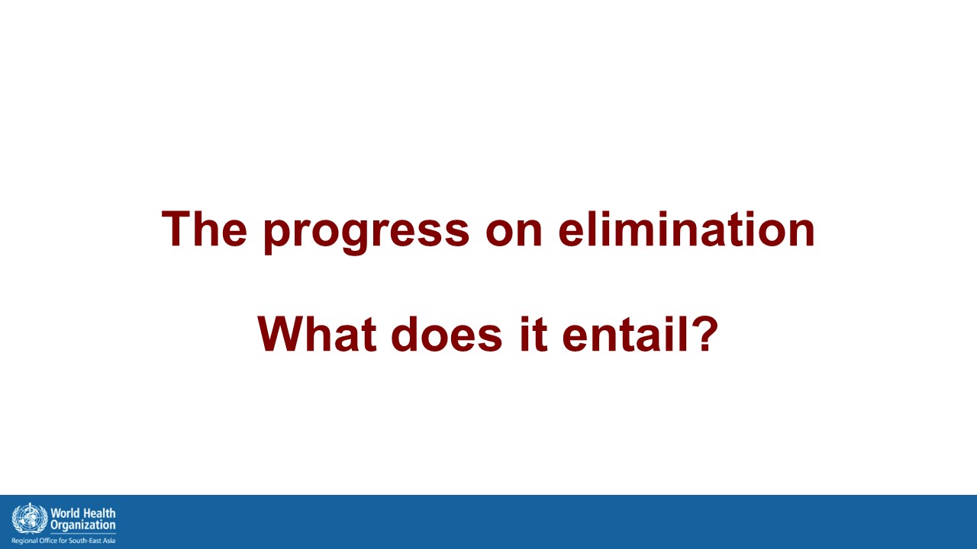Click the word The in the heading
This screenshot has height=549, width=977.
click(x=205, y=229)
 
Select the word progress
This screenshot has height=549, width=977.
click(x=366, y=233)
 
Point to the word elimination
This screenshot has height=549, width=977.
click(x=686, y=229)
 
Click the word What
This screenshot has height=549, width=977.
click(x=317, y=333)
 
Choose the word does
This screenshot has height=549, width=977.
click(x=447, y=333)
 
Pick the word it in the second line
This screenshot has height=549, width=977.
click(x=534, y=333)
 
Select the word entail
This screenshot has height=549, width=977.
click(x=625, y=333)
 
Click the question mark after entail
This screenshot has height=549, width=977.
click(x=705, y=333)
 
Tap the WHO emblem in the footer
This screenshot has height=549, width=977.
click(x=30, y=518)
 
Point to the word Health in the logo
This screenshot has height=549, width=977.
click(x=98, y=513)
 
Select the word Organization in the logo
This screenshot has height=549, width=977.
click(x=83, y=525)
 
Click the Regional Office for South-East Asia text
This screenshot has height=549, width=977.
click(x=63, y=541)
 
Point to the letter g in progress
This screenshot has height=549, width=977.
click(x=355, y=238)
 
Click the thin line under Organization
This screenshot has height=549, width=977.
click(x=83, y=534)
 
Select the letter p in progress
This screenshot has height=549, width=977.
click(x=276, y=238)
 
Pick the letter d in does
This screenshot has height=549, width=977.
click(x=404, y=333)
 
